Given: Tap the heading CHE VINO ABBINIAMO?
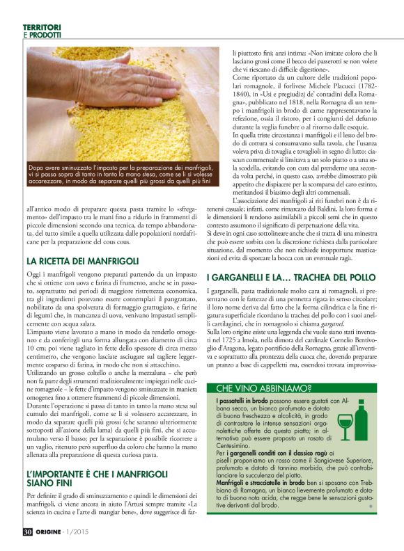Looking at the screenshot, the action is coord(263,388).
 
